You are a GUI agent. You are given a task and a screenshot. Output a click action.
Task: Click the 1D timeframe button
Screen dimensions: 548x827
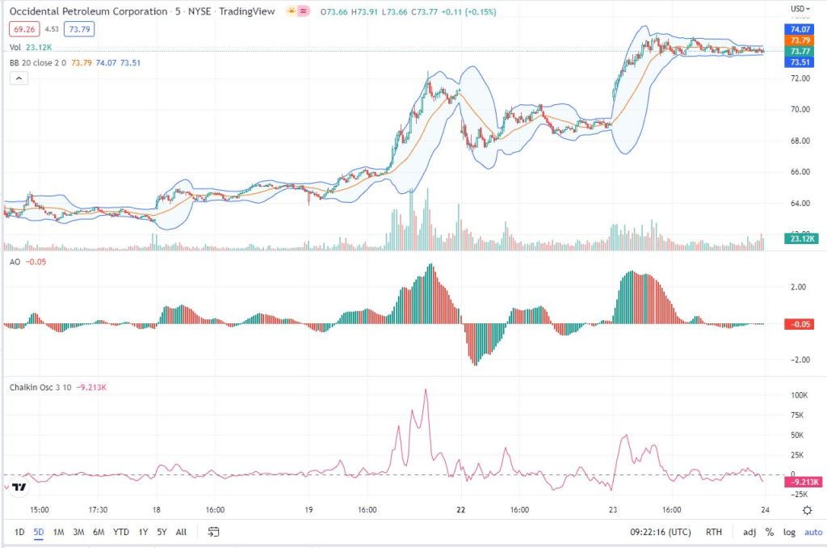20,532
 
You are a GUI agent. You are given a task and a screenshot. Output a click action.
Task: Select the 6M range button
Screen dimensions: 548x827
99,532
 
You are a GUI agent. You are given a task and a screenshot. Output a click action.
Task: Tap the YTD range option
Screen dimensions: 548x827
121,532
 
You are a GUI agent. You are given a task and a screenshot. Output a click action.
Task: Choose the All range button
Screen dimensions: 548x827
181,532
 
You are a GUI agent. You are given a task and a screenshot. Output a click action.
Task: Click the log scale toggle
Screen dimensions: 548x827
788,532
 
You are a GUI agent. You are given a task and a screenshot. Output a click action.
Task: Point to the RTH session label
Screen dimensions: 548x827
714,532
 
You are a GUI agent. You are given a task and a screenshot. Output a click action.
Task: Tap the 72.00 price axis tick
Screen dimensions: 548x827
800,78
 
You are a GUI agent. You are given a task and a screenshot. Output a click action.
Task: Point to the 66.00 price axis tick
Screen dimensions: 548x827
800,172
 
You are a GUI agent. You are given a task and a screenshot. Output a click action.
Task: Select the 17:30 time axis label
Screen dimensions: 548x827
98,510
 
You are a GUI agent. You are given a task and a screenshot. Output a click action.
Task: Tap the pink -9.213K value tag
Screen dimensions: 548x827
803,482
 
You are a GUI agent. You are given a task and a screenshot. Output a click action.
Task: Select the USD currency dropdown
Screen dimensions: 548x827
800,9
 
